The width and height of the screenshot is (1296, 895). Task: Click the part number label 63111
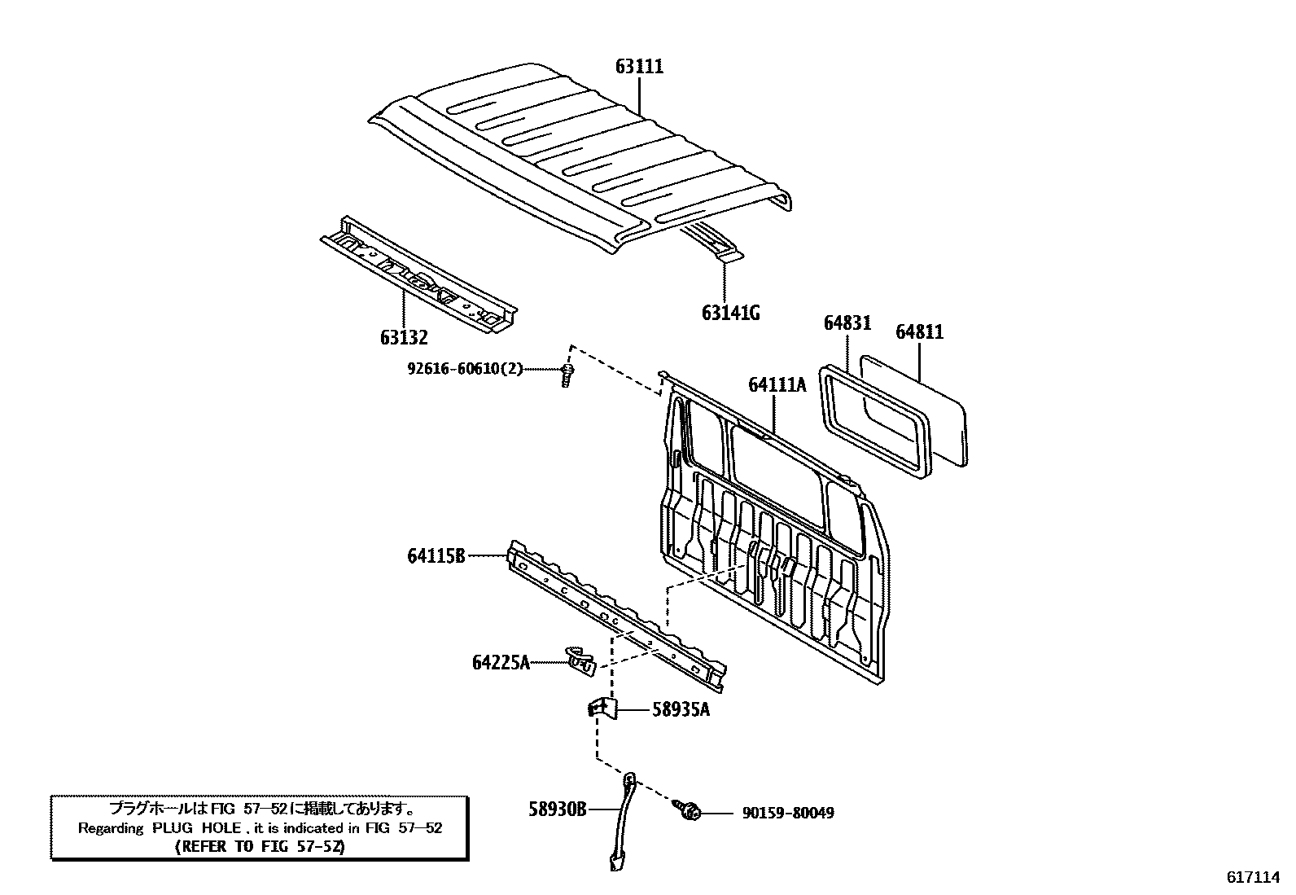(x=639, y=67)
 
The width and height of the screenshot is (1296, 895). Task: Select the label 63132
(x=403, y=337)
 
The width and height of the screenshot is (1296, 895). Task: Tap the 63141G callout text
(x=730, y=313)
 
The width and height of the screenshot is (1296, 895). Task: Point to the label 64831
(x=847, y=323)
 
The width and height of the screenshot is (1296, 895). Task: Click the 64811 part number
(x=919, y=332)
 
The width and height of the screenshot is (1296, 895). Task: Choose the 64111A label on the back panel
(x=777, y=385)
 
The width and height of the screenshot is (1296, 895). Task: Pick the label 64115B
(x=436, y=556)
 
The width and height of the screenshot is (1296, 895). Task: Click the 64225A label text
(x=501, y=663)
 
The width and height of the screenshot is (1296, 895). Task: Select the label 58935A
(x=681, y=710)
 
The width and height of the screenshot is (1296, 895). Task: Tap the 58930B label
(x=558, y=809)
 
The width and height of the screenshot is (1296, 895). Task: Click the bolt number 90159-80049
(x=787, y=813)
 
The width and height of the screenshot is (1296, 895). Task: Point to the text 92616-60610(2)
(x=465, y=369)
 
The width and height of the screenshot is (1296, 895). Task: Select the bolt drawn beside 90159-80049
(x=689, y=810)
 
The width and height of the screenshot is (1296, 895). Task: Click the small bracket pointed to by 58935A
(x=602, y=707)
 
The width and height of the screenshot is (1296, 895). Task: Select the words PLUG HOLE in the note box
(x=195, y=828)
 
